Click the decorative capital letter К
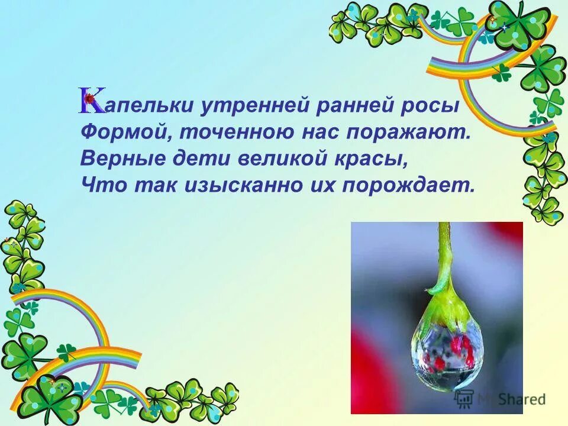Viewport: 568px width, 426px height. pyautogui.click(x=92, y=101)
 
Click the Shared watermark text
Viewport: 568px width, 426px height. pyautogui.click(x=521, y=399)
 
